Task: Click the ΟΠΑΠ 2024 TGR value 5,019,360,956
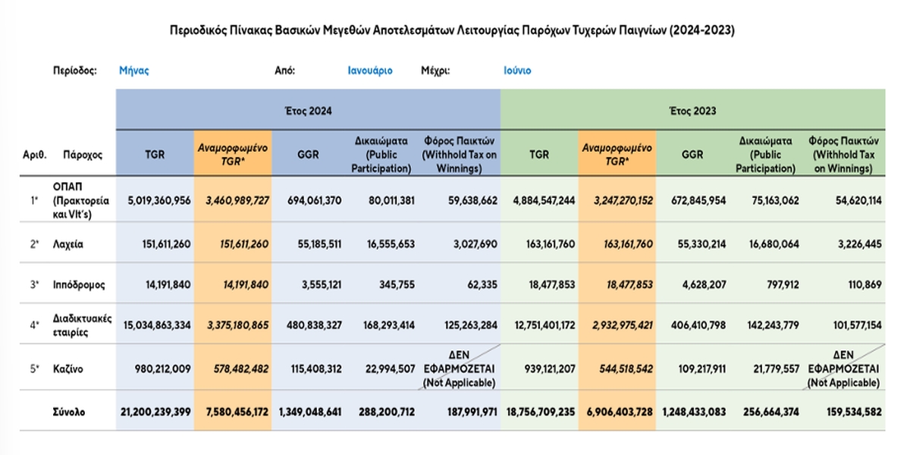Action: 158,201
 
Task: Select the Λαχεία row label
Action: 67,244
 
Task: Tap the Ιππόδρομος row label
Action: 79,285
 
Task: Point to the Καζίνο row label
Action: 67,369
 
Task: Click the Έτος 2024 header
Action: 309,111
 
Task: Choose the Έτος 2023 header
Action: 692,111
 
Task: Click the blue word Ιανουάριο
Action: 370,71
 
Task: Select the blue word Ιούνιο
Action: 517,71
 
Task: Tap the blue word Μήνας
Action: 134,71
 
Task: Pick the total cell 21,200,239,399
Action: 155,412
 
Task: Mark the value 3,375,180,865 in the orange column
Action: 237,325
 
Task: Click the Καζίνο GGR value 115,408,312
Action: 316,369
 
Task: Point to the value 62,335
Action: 482,285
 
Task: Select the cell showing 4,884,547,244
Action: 544,201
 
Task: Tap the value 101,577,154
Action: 857,325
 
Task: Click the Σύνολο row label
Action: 69,412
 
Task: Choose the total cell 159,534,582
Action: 855,412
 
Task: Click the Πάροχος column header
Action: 83,155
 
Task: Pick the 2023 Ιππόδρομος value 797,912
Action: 783,285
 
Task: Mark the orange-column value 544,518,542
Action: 626,369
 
